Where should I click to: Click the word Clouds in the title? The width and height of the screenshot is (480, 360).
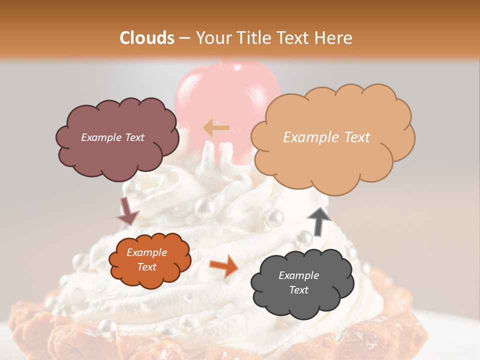147,38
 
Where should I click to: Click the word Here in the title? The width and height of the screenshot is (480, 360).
334,38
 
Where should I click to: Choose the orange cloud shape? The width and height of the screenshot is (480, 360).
149,260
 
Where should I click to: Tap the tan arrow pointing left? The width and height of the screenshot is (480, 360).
216,128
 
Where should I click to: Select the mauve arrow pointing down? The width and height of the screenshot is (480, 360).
127,211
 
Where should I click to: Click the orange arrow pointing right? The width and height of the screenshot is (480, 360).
224,265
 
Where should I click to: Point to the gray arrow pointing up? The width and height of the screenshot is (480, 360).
319,221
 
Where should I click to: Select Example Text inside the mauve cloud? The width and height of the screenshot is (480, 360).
112,137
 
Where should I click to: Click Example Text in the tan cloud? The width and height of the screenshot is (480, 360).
326,137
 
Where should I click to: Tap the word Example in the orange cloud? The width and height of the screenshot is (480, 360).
147,253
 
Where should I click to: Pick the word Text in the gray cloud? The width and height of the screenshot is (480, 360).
299,290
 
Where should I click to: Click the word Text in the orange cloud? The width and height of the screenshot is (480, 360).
147,267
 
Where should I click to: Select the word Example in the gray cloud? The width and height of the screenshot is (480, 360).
299,275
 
